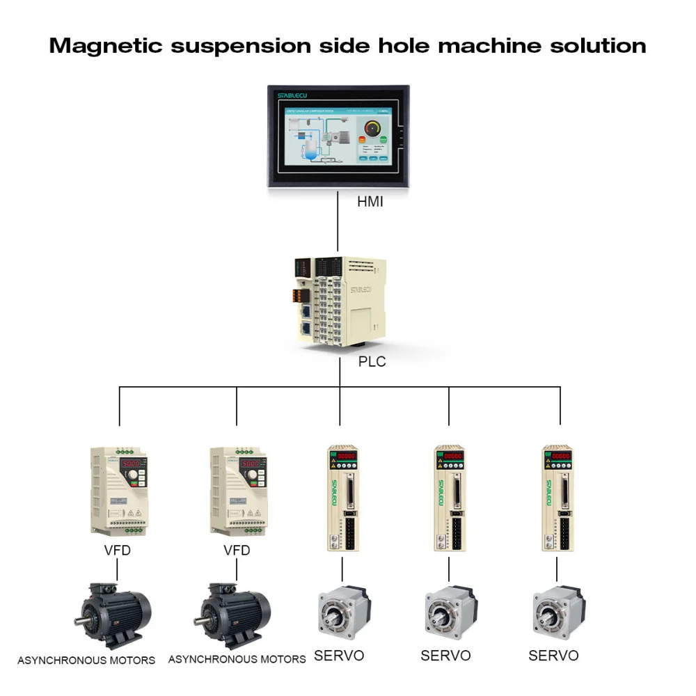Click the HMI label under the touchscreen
[370, 203]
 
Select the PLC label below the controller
[371, 362]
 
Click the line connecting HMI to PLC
[338, 223]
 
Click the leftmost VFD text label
[116, 551]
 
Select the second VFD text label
[237, 551]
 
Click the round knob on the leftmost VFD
[131, 477]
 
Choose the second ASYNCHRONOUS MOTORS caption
[237, 658]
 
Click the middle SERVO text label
[445, 656]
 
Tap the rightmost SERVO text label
[553, 656]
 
